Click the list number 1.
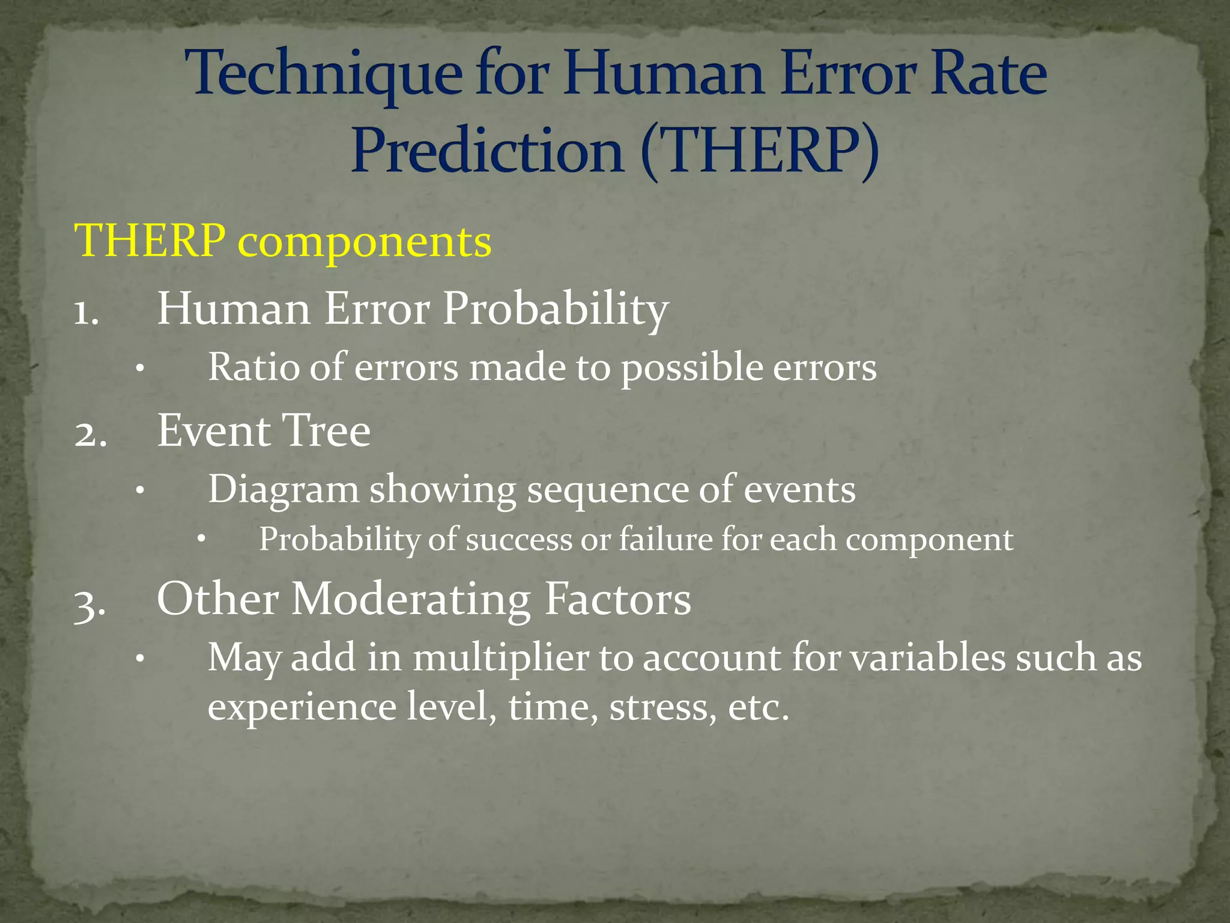(x=86, y=312)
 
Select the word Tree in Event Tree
(x=326, y=431)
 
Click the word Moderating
(x=411, y=600)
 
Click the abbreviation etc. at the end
(x=757, y=707)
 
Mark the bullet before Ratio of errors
(x=139, y=369)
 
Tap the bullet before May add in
(x=139, y=659)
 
